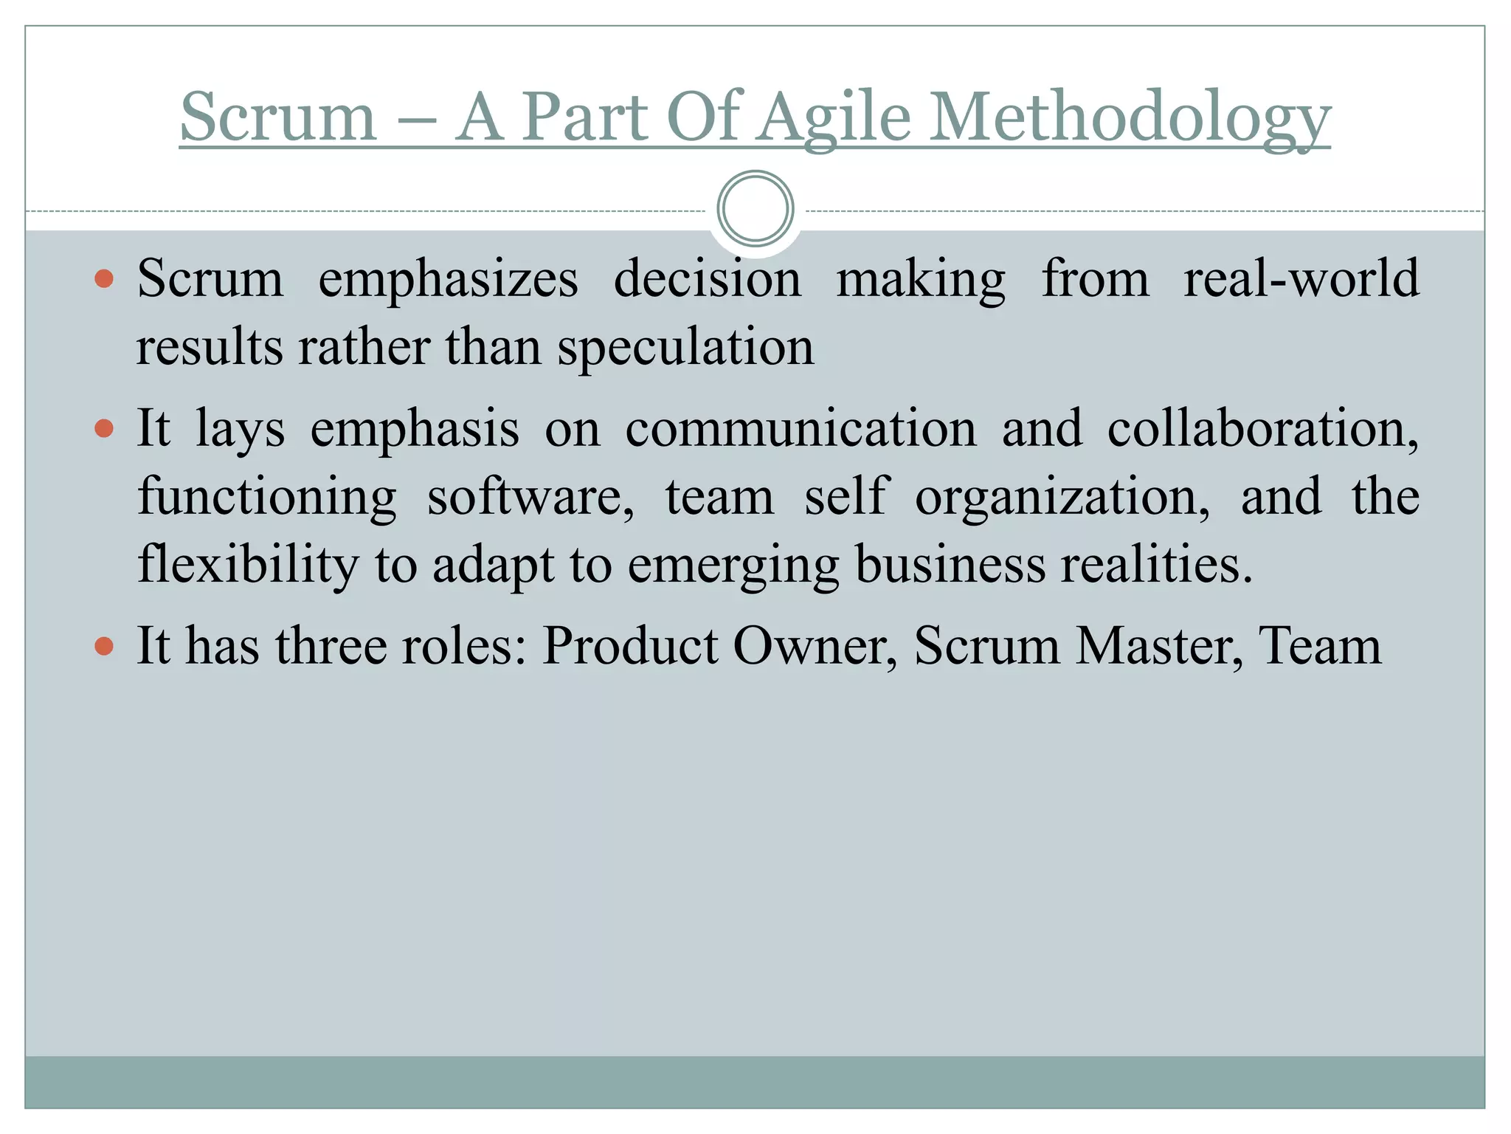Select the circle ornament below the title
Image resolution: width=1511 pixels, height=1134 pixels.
coord(755,209)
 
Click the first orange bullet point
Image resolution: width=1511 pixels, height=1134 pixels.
coord(105,279)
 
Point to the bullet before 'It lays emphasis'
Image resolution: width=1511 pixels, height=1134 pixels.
coord(105,429)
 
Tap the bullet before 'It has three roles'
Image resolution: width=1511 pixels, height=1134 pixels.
coord(105,647)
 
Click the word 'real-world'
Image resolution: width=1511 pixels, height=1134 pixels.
coord(1301,279)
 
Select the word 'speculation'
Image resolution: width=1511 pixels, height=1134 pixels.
coord(685,347)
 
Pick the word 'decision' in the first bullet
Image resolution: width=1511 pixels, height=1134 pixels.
coord(707,279)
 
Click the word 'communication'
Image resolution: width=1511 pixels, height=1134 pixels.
coord(801,429)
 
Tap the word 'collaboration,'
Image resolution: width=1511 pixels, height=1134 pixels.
coord(1262,429)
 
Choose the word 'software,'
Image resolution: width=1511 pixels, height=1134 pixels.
coord(530,497)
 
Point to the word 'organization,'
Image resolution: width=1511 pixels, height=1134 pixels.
coord(1062,497)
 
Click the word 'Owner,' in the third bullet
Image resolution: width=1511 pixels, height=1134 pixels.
coord(815,647)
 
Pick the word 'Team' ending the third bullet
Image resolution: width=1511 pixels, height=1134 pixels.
coord(1320,647)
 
